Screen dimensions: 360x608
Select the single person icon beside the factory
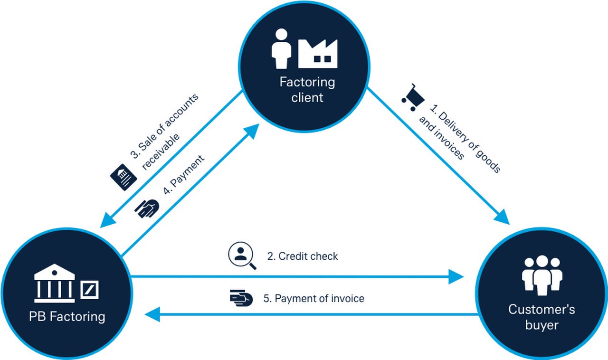click(281, 48)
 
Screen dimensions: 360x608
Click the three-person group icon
click(542, 275)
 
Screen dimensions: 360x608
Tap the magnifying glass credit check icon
click(241, 256)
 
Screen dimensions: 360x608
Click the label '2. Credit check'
click(303, 256)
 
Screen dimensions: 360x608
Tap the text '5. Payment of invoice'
click(313, 299)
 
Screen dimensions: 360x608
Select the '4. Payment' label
click(184, 174)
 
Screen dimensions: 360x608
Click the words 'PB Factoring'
click(67, 316)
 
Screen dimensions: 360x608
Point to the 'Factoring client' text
click(307, 90)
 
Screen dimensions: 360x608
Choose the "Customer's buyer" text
click(541, 317)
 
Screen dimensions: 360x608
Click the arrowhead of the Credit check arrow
click(457, 276)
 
